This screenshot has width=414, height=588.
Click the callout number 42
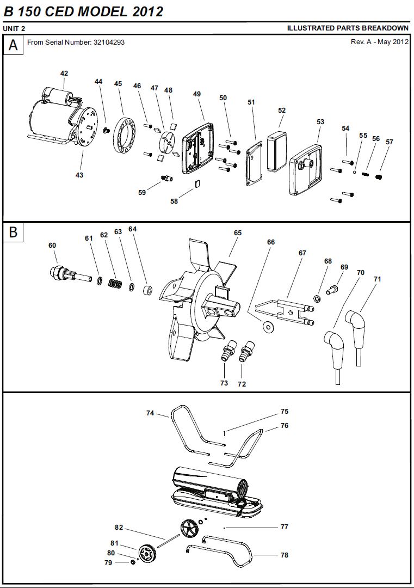point(64,73)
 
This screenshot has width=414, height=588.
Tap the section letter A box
point(13,46)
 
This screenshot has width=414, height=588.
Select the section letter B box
point(13,232)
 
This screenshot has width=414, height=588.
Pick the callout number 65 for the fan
point(238,232)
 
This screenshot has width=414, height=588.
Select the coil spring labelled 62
point(114,284)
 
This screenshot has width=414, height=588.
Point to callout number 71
point(377,279)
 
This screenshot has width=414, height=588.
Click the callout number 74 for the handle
point(151,413)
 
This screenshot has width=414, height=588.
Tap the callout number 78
point(285,555)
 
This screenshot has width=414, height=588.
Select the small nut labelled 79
point(133,562)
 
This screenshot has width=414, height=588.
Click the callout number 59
point(142,192)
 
